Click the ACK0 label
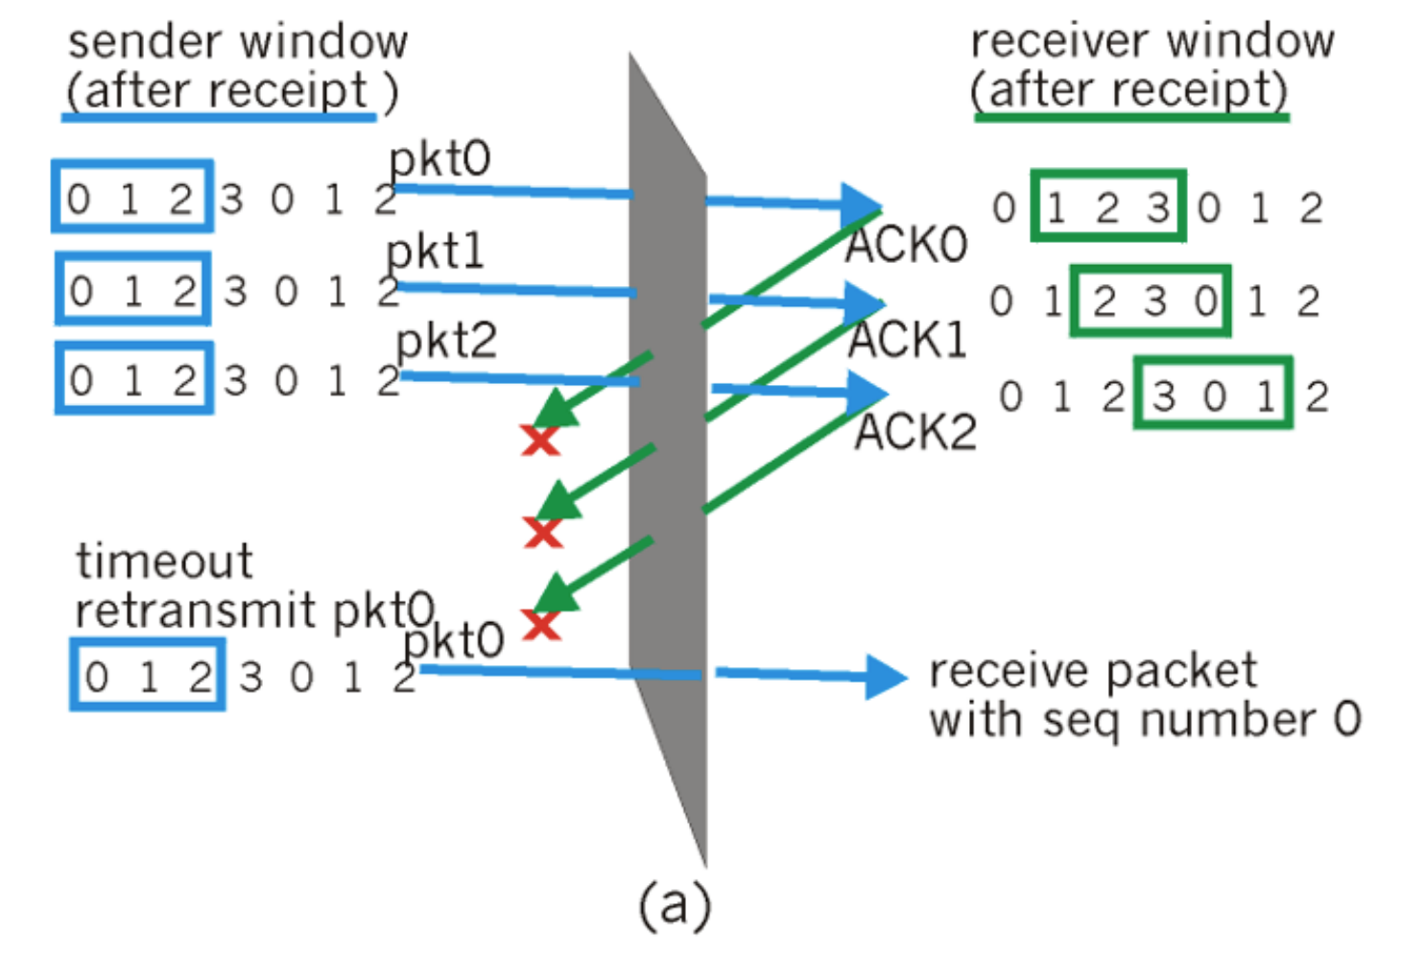(x=906, y=245)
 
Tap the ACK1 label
(x=907, y=340)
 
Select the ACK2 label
(x=915, y=432)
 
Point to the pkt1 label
(x=435, y=252)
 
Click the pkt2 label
(x=446, y=341)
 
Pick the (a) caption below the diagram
(x=676, y=904)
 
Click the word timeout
(x=164, y=561)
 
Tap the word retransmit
(x=196, y=611)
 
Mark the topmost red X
(x=540, y=440)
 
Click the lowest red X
(x=541, y=626)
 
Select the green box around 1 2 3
(x=1108, y=206)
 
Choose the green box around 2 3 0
(x=1150, y=300)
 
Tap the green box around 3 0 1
(x=1213, y=394)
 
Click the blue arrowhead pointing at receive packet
(x=885, y=677)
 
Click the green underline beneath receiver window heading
(x=1131, y=117)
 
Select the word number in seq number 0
(x=1228, y=720)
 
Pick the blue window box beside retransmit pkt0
(x=148, y=675)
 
